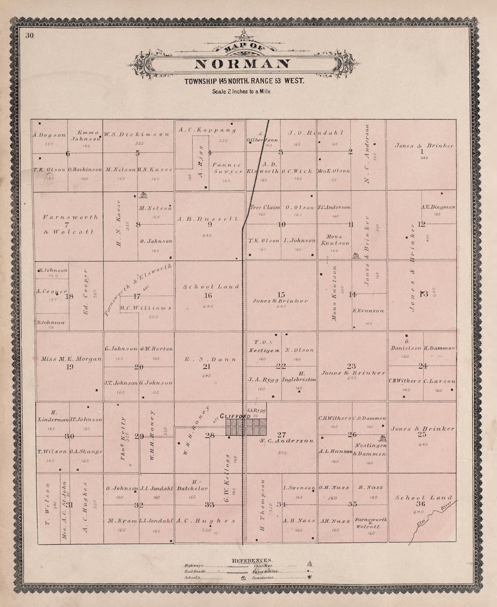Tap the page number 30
pos(29,36)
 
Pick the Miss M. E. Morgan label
pos(71,359)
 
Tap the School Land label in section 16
pos(211,287)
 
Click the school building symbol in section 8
pos(143,195)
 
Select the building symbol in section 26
pos(383,438)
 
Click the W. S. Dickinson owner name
pos(137,134)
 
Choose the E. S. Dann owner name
pos(210,359)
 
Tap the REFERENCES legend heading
pos(252,560)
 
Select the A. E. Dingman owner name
pos(438,207)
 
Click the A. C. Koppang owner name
pos(207,130)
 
